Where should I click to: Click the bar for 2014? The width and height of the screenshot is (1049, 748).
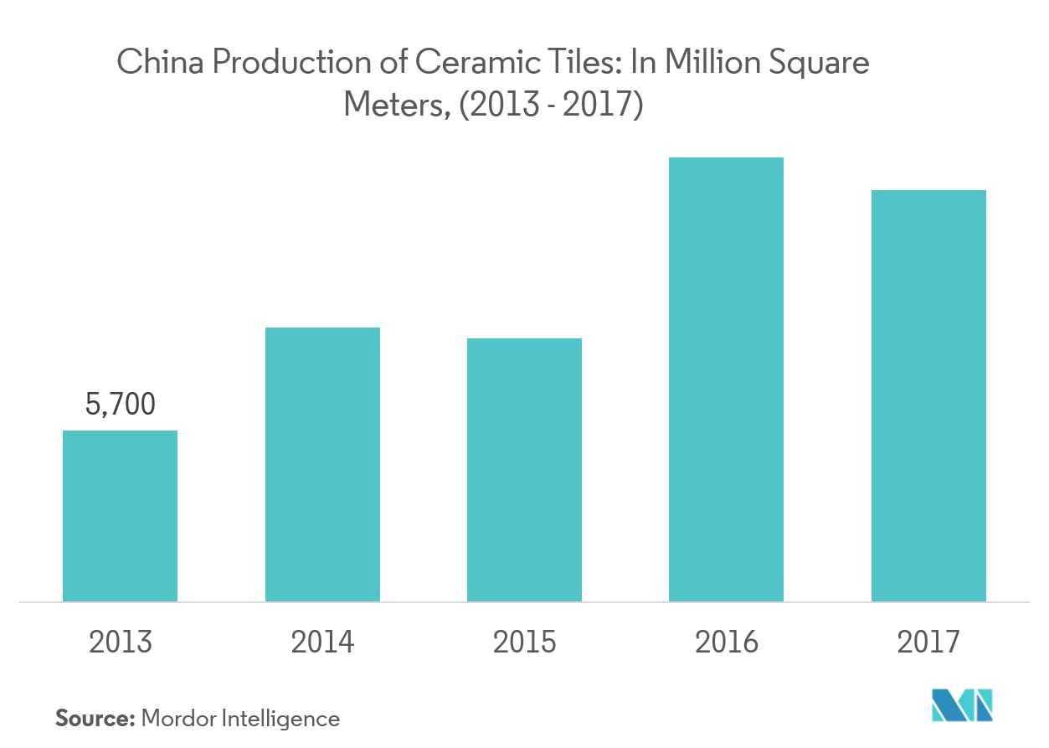click(x=322, y=464)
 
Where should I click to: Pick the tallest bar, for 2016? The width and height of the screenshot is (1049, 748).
click(x=726, y=379)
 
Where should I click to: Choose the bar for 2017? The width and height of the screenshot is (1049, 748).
click(x=928, y=395)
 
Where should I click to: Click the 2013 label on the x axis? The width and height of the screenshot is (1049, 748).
click(x=121, y=642)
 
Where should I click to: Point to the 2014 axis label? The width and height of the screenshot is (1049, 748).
click(x=322, y=642)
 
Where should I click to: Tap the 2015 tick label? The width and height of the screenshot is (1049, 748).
click(x=524, y=642)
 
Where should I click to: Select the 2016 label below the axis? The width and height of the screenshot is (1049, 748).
click(x=726, y=642)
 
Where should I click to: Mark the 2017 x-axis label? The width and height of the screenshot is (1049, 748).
click(x=928, y=642)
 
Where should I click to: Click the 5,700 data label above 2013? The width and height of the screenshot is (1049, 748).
click(x=121, y=404)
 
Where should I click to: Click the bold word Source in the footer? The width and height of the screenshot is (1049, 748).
click(x=95, y=718)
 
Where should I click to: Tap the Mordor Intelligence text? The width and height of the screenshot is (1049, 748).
click(x=240, y=718)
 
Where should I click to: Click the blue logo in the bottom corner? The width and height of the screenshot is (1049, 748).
click(x=962, y=705)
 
